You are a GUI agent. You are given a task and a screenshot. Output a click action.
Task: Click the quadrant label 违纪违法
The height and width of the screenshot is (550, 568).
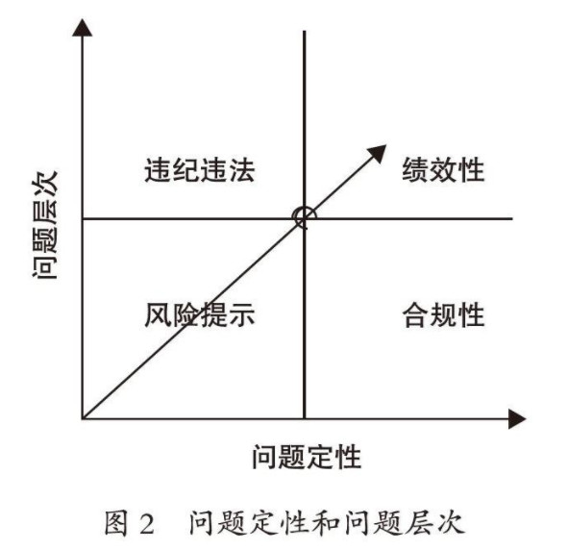(200, 170)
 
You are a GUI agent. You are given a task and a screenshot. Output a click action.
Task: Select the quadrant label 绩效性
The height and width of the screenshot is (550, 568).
(443, 169)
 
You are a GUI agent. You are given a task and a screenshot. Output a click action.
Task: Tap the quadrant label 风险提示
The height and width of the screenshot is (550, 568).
(200, 314)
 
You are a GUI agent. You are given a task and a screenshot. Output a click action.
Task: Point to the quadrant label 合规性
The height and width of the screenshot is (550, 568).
(443, 314)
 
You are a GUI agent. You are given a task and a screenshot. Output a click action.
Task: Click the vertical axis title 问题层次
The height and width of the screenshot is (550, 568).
(45, 225)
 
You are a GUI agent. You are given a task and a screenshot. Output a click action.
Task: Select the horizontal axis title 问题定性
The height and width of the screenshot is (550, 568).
(307, 457)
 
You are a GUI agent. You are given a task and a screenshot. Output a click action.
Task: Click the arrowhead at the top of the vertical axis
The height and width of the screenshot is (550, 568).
(83, 28)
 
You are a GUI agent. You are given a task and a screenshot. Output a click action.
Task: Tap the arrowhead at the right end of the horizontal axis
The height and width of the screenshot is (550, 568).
(517, 419)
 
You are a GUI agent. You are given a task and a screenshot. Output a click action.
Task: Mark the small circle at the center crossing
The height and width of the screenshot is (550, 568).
(304, 217)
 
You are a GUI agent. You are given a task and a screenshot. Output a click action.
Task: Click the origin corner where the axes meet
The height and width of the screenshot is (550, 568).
(83, 419)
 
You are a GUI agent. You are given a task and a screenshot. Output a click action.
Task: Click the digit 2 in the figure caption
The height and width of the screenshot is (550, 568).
(147, 524)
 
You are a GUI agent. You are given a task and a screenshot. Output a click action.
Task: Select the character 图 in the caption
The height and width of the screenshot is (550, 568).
(116, 523)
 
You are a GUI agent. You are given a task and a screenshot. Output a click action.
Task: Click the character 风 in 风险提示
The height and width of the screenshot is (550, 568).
(158, 314)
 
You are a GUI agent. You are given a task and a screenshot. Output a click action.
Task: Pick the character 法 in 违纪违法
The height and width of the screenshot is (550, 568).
(241, 170)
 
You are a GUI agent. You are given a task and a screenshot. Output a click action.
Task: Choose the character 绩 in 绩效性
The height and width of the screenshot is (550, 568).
(415, 169)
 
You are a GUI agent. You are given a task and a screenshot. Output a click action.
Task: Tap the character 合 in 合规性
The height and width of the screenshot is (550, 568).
(415, 314)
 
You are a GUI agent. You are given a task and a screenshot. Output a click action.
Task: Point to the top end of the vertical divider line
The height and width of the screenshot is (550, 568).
(305, 31)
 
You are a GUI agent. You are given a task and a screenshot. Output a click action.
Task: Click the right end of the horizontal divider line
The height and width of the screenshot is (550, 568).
(512, 218)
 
